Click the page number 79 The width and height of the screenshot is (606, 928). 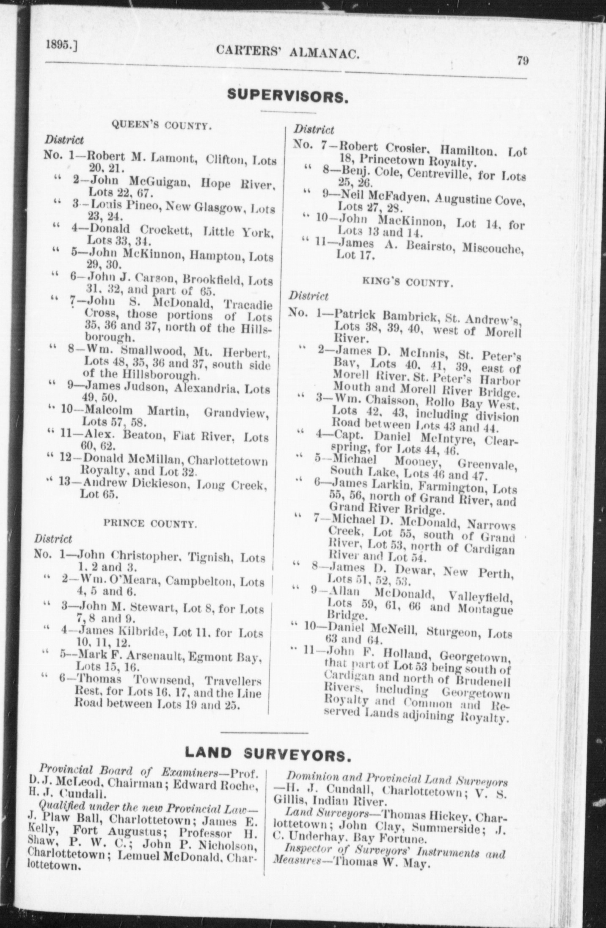tap(522, 61)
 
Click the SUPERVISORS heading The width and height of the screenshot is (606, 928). tap(288, 97)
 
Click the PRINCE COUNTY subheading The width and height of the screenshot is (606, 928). tap(150, 524)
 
